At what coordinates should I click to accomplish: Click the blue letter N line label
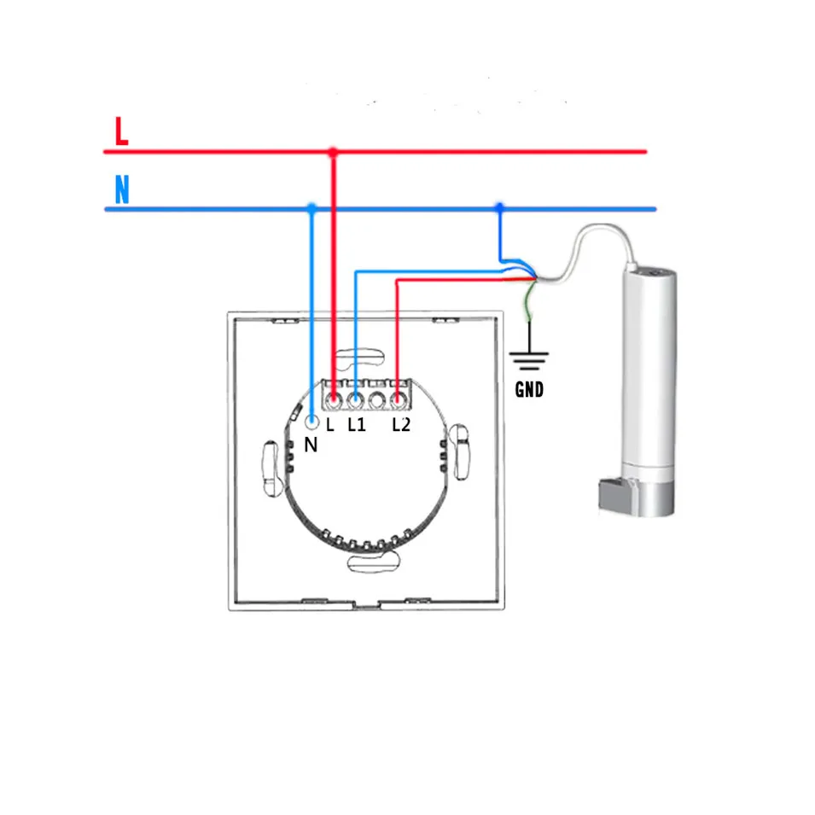click(121, 189)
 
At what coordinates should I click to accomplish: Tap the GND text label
click(529, 391)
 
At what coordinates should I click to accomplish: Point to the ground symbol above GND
click(529, 359)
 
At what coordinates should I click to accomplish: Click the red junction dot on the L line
click(333, 152)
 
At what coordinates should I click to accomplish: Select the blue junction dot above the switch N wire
click(311, 208)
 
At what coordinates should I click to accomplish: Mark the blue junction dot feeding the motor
click(499, 208)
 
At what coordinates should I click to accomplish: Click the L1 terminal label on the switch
click(356, 424)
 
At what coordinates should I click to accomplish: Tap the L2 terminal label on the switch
click(401, 424)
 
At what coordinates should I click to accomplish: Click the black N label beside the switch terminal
click(311, 445)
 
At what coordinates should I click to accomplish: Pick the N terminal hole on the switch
click(311, 422)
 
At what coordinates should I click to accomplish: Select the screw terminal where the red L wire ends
click(334, 399)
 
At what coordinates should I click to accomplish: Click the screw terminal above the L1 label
click(355, 399)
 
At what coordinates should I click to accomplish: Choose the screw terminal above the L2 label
click(399, 399)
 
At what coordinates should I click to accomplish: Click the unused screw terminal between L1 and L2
click(377, 399)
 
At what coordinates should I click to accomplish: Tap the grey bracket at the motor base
click(615, 495)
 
